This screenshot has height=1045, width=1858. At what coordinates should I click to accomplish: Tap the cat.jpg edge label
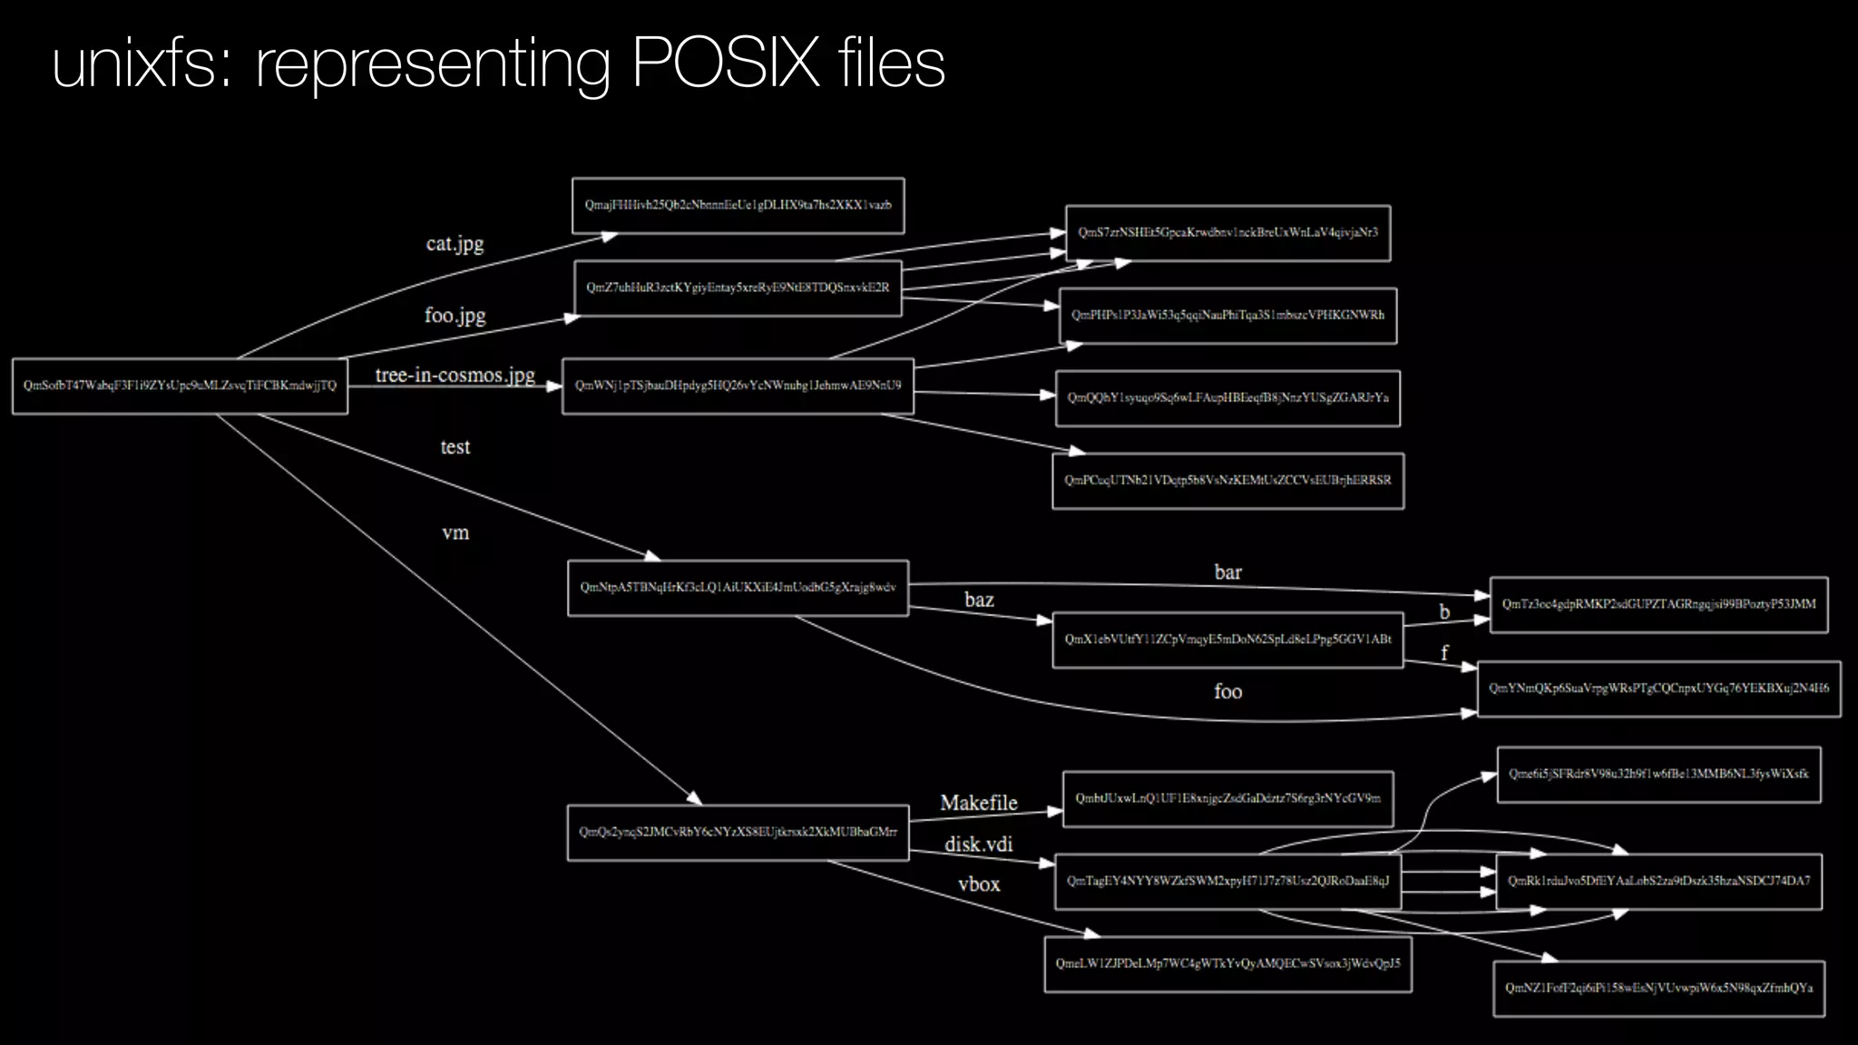[x=455, y=243]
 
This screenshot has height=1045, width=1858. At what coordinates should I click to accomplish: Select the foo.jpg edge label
[x=455, y=315]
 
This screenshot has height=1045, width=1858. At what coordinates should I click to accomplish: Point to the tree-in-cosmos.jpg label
[x=455, y=375]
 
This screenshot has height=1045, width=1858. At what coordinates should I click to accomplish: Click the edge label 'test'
[x=455, y=447]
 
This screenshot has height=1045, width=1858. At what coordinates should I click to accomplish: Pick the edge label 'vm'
[x=455, y=532]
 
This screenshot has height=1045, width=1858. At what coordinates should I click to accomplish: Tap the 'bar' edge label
[x=1227, y=572]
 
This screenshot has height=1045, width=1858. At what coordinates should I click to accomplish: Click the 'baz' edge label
[x=979, y=600]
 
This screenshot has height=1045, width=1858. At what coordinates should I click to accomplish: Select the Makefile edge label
[x=979, y=803]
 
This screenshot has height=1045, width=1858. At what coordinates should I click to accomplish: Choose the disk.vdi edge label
[x=979, y=845]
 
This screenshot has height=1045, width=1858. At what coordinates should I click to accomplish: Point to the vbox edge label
[x=979, y=884]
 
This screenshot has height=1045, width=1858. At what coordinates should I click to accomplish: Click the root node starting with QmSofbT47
[x=180, y=386]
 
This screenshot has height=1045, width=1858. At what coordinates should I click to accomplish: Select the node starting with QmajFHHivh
[x=738, y=205]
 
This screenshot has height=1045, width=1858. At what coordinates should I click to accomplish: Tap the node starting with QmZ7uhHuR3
[x=738, y=288]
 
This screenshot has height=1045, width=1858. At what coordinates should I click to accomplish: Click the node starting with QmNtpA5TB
[x=738, y=588]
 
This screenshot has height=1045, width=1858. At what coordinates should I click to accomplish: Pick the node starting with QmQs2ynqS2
[x=738, y=832]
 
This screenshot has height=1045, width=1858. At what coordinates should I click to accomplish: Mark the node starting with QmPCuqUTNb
[x=1227, y=480]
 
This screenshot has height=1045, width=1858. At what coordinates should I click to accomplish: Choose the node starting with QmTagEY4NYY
[x=1227, y=881]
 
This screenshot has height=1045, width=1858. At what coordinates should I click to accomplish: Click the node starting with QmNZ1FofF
[x=1658, y=988]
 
